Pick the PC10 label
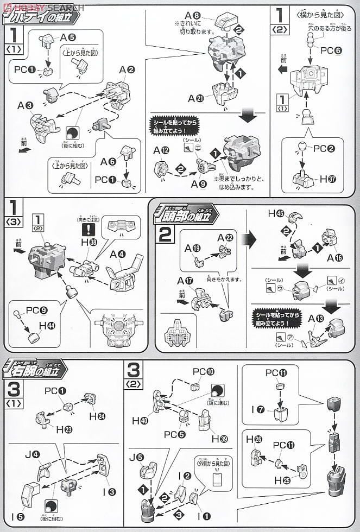coord(203,372)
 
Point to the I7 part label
coord(261,408)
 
